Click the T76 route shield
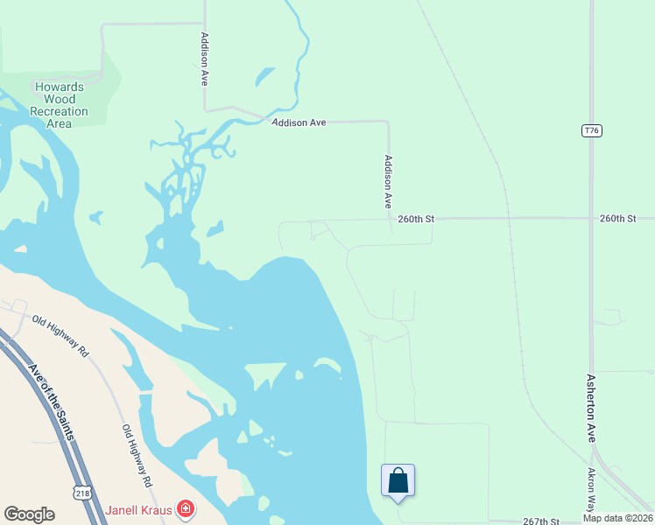click(x=592, y=130)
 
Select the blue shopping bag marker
click(x=398, y=480)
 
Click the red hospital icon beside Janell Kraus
click(x=186, y=508)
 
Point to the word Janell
click(x=123, y=509)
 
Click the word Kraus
click(x=158, y=509)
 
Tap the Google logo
click(x=29, y=514)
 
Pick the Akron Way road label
click(x=593, y=489)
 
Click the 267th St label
click(x=541, y=521)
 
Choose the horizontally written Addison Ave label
click(x=299, y=123)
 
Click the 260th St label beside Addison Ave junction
click(x=417, y=219)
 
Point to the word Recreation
click(x=60, y=111)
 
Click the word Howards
click(x=59, y=87)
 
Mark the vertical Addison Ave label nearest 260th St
click(x=388, y=181)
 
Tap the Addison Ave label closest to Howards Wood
click(x=204, y=59)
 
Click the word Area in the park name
click(x=59, y=123)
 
